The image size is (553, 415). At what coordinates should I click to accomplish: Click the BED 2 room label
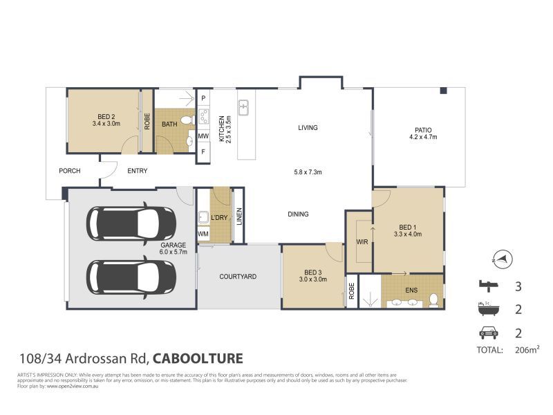[106, 116]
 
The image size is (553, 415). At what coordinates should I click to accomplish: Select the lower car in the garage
[131, 275]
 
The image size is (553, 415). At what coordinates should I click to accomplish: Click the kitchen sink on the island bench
[244, 108]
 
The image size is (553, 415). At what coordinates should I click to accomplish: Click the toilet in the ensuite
[433, 300]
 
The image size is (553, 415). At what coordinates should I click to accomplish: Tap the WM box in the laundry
[203, 234]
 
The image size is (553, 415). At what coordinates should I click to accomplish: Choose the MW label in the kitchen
[203, 136]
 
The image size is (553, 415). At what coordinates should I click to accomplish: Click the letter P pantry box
[203, 99]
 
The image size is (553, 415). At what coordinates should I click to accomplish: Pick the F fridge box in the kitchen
[203, 151]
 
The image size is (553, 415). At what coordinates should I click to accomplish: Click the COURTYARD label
[238, 277]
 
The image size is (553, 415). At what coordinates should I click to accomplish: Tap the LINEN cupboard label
[238, 217]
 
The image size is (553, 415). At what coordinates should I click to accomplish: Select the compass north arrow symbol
[504, 258]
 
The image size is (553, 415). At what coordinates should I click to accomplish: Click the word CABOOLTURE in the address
[197, 358]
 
